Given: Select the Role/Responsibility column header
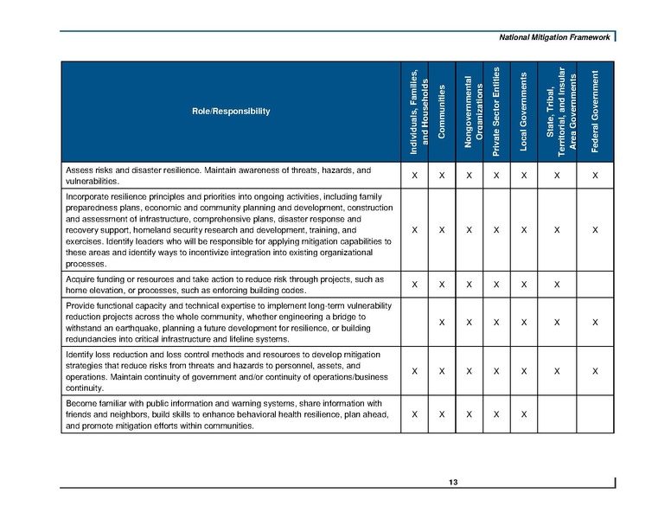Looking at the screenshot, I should coord(231,111).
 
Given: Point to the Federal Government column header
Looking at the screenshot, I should coord(595,112).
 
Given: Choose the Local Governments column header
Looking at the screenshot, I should coord(524,112).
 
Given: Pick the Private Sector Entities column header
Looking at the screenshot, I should coord(496,112).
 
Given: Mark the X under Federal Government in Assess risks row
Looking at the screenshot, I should coord(595,176).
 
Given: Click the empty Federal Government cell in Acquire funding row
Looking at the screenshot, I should coord(595,285).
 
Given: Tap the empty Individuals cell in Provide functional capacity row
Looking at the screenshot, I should coord(415,322).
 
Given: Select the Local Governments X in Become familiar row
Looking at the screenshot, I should coord(524,414).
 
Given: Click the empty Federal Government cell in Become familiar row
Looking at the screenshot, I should coord(595,414).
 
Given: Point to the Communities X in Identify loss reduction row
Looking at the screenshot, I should coord(442,371).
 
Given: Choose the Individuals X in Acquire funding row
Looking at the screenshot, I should coord(415,285).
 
